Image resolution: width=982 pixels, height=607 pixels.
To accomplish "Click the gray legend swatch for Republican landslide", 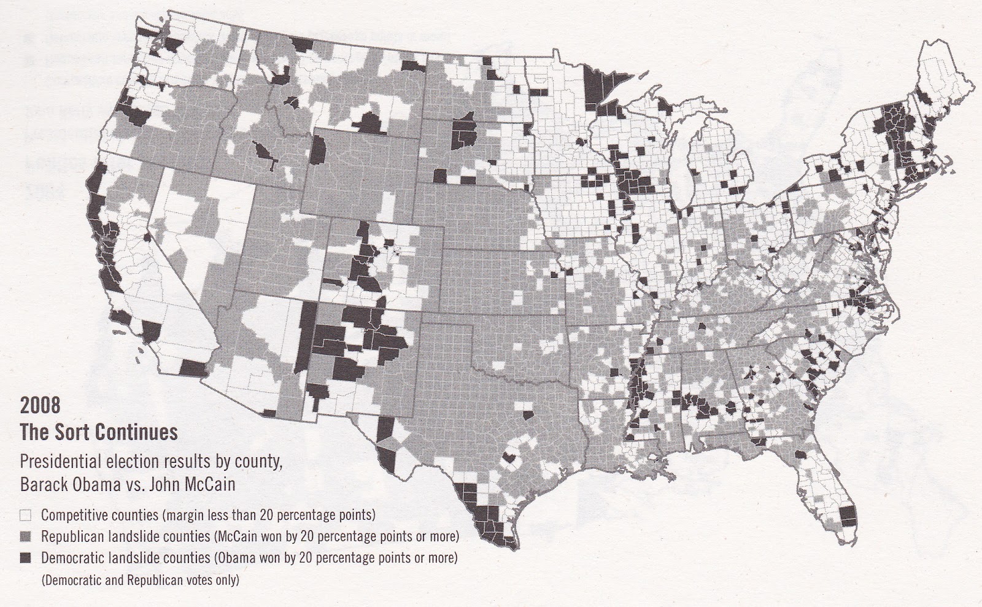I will (x=26, y=536).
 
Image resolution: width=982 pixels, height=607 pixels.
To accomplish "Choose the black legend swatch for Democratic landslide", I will (x=26, y=559).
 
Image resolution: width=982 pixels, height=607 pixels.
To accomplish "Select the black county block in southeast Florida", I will (x=848, y=515).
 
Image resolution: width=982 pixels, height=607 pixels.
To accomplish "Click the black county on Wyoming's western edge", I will (x=320, y=150).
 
